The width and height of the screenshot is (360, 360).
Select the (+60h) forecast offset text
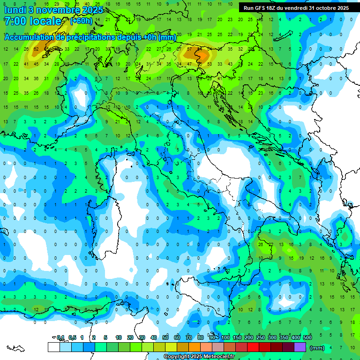[x=81, y=21]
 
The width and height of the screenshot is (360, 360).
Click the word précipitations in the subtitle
[x=83, y=37]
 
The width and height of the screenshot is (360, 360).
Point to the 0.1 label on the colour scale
[x=60, y=337]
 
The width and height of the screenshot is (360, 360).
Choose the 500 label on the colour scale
[x=307, y=337]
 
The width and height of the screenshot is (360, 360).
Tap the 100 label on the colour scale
[x=225, y=337]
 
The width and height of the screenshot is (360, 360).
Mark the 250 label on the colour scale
[x=261, y=337]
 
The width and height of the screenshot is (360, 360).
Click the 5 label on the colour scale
[x=106, y=337]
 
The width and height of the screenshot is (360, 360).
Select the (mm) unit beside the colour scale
[x=317, y=348]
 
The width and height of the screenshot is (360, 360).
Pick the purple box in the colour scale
[x=300, y=347]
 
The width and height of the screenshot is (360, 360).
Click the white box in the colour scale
[x=53, y=347]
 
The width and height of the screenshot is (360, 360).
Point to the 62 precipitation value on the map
[x=36, y=49]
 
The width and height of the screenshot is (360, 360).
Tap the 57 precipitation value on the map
[x=189, y=49]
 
